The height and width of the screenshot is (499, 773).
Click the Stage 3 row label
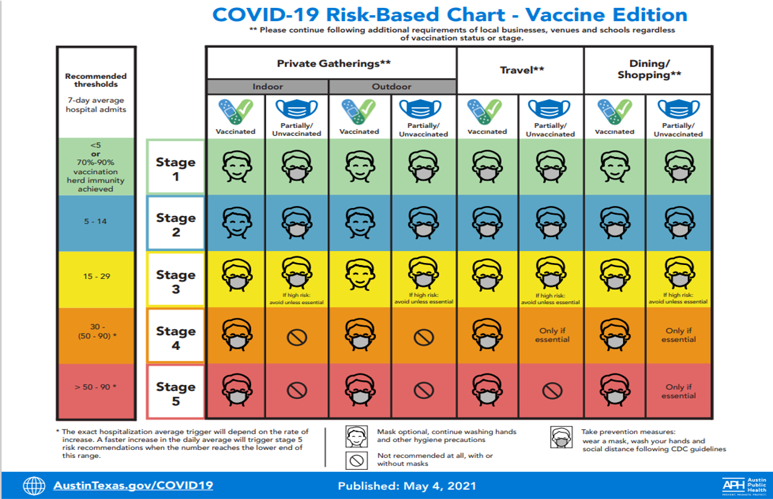click(176, 281)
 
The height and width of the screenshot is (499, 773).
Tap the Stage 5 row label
click(176, 394)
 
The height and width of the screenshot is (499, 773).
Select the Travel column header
click(522, 70)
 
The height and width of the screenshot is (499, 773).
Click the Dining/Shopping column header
click(649, 69)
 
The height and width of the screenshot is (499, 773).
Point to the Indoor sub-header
click(267, 87)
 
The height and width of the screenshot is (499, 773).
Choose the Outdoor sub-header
click(392, 87)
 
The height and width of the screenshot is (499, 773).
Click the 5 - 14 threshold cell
click(96, 221)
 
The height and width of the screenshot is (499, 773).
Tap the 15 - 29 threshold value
click(96, 276)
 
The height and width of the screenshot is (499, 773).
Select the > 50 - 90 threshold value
click(96, 387)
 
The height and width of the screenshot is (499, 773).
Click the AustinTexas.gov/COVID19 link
click(133, 486)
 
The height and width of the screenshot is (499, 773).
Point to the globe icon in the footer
click(34, 486)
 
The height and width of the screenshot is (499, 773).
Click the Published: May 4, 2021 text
click(407, 486)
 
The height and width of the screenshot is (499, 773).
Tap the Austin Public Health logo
click(745, 486)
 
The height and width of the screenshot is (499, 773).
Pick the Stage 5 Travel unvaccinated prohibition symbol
click(552, 391)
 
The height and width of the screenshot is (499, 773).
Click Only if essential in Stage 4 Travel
click(552, 335)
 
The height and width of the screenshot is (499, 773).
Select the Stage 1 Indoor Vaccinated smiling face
click(236, 166)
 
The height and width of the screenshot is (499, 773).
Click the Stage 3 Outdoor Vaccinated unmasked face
click(360, 275)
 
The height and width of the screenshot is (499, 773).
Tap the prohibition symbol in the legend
click(356, 460)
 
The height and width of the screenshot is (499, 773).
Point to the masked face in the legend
click(561, 437)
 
